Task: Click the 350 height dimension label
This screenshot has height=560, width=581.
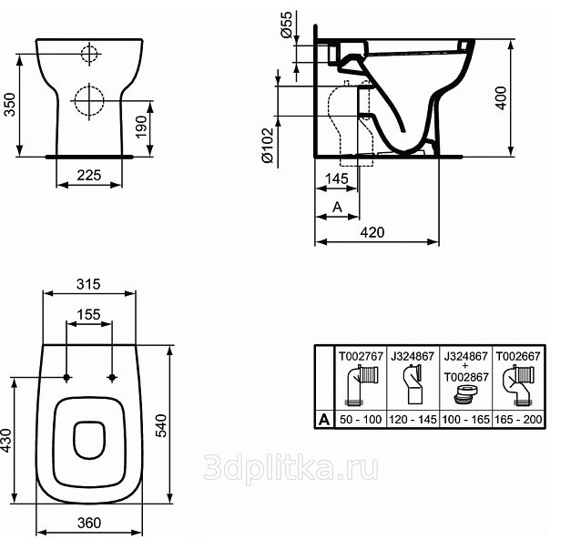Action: (10, 105)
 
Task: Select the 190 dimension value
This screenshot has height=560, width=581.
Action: (141, 127)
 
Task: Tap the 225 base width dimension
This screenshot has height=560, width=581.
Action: (89, 175)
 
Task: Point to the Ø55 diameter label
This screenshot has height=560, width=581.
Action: (287, 25)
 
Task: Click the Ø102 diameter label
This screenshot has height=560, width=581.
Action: (267, 146)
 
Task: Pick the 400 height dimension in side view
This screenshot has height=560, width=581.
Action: (501, 97)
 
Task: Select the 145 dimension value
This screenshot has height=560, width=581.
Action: (336, 178)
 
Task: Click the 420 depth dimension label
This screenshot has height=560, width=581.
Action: (372, 232)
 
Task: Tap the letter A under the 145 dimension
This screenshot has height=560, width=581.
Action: (337, 207)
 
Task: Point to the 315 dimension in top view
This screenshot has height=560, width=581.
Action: (88, 284)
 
